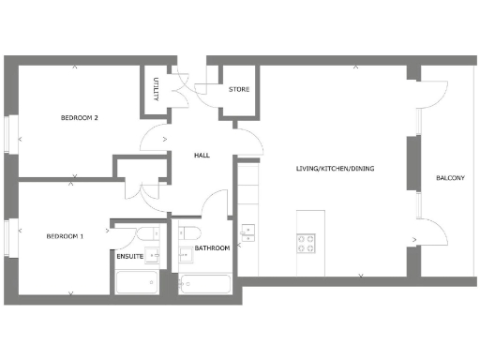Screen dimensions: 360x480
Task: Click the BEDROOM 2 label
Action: click(80, 118)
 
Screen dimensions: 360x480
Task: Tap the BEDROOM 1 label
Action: click(65, 236)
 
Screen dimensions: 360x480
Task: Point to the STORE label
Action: click(239, 91)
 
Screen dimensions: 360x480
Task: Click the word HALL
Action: click(201, 155)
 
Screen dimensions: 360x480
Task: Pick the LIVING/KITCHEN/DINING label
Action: click(335, 169)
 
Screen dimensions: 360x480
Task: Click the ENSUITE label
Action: click(129, 256)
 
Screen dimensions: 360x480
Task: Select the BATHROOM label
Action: click(212, 248)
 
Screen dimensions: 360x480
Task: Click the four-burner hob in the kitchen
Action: click(307, 243)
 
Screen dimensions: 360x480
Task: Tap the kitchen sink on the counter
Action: click(248, 232)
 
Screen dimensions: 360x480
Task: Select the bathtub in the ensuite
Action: click(139, 282)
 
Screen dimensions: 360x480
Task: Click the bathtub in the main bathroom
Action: click(204, 283)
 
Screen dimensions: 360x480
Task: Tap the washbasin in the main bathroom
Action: click(185, 252)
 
